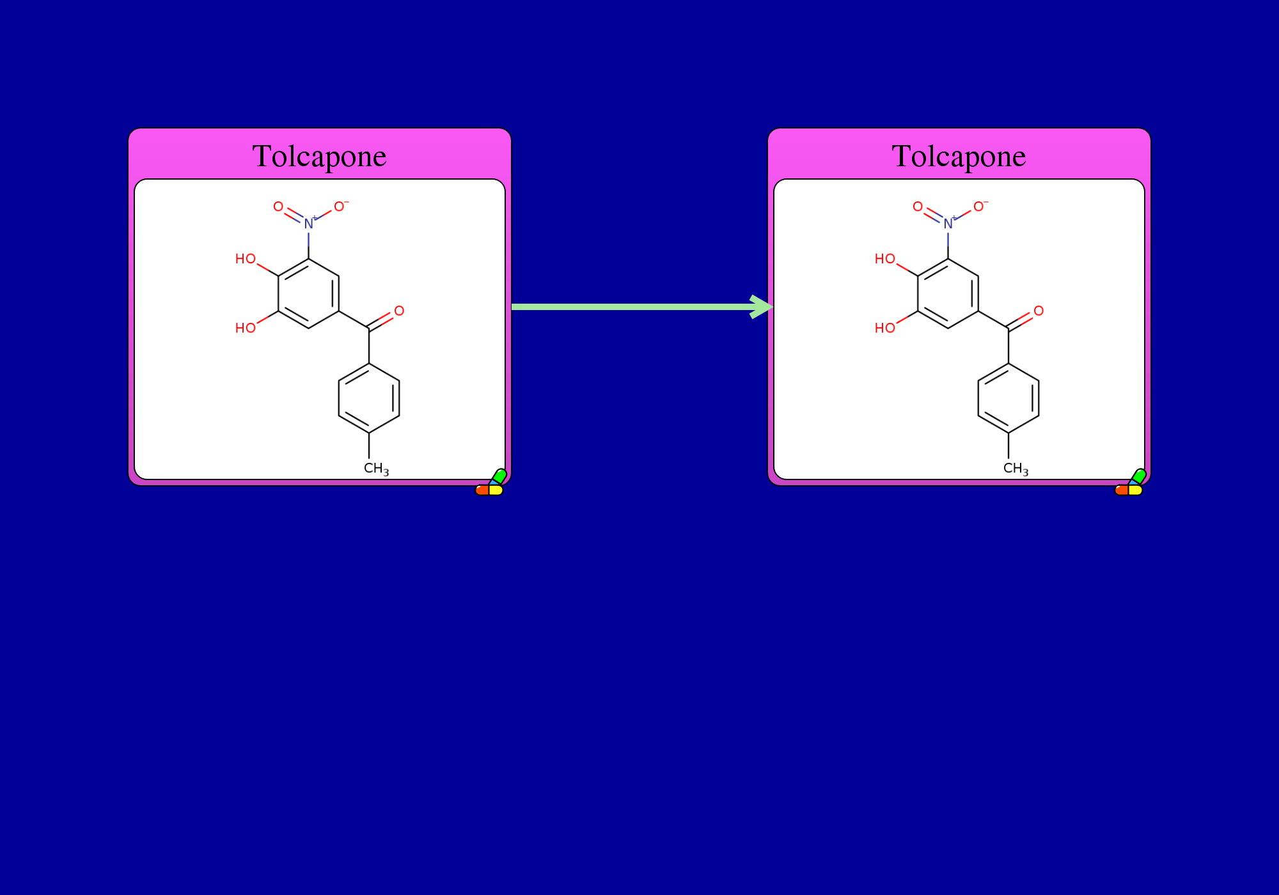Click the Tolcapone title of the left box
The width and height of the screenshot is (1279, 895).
320,157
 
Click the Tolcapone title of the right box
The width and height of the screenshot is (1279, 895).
959,157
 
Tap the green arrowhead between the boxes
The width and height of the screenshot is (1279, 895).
762,307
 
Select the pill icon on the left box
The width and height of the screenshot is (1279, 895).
491,483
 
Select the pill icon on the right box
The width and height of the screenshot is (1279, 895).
1131,483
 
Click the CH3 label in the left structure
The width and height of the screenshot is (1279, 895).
376,469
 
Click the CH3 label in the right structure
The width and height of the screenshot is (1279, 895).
1016,469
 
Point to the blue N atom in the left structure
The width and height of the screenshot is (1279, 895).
309,224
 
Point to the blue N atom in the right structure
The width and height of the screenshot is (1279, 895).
948,224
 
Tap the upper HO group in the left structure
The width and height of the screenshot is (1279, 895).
246,259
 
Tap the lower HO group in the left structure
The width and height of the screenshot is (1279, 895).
246,328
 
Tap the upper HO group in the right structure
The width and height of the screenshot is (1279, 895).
885,259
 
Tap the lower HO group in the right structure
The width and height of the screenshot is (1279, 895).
885,328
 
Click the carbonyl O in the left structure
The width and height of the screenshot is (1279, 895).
399,311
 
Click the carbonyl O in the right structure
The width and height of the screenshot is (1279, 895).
1039,311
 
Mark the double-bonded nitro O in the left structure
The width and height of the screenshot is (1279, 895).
278,206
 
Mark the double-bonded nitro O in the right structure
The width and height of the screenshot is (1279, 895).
918,206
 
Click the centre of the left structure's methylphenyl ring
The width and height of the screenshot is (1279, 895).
369,398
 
